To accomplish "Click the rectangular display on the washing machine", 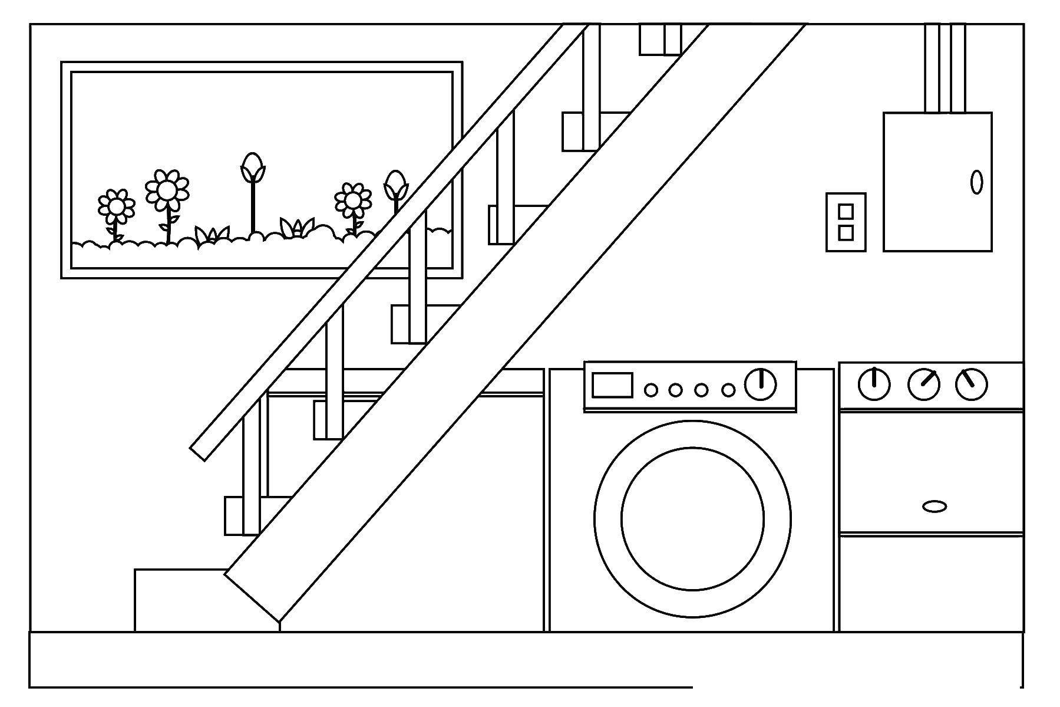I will click(x=612, y=385).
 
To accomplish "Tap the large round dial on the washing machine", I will click(x=761, y=384).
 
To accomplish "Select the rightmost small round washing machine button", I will click(x=729, y=390).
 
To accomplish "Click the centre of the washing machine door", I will click(x=692, y=518).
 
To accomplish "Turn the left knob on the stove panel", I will click(x=874, y=384).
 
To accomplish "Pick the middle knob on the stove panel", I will click(x=923, y=384).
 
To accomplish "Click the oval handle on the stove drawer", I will click(x=934, y=506).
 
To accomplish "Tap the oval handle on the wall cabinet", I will click(x=976, y=182).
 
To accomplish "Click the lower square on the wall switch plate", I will click(x=846, y=233).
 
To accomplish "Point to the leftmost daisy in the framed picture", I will click(x=117, y=206).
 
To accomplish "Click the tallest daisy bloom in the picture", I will click(x=167, y=189).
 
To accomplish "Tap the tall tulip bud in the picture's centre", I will click(x=253, y=166).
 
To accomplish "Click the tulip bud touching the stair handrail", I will click(x=396, y=185).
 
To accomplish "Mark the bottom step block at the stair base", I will click(x=180, y=600).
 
